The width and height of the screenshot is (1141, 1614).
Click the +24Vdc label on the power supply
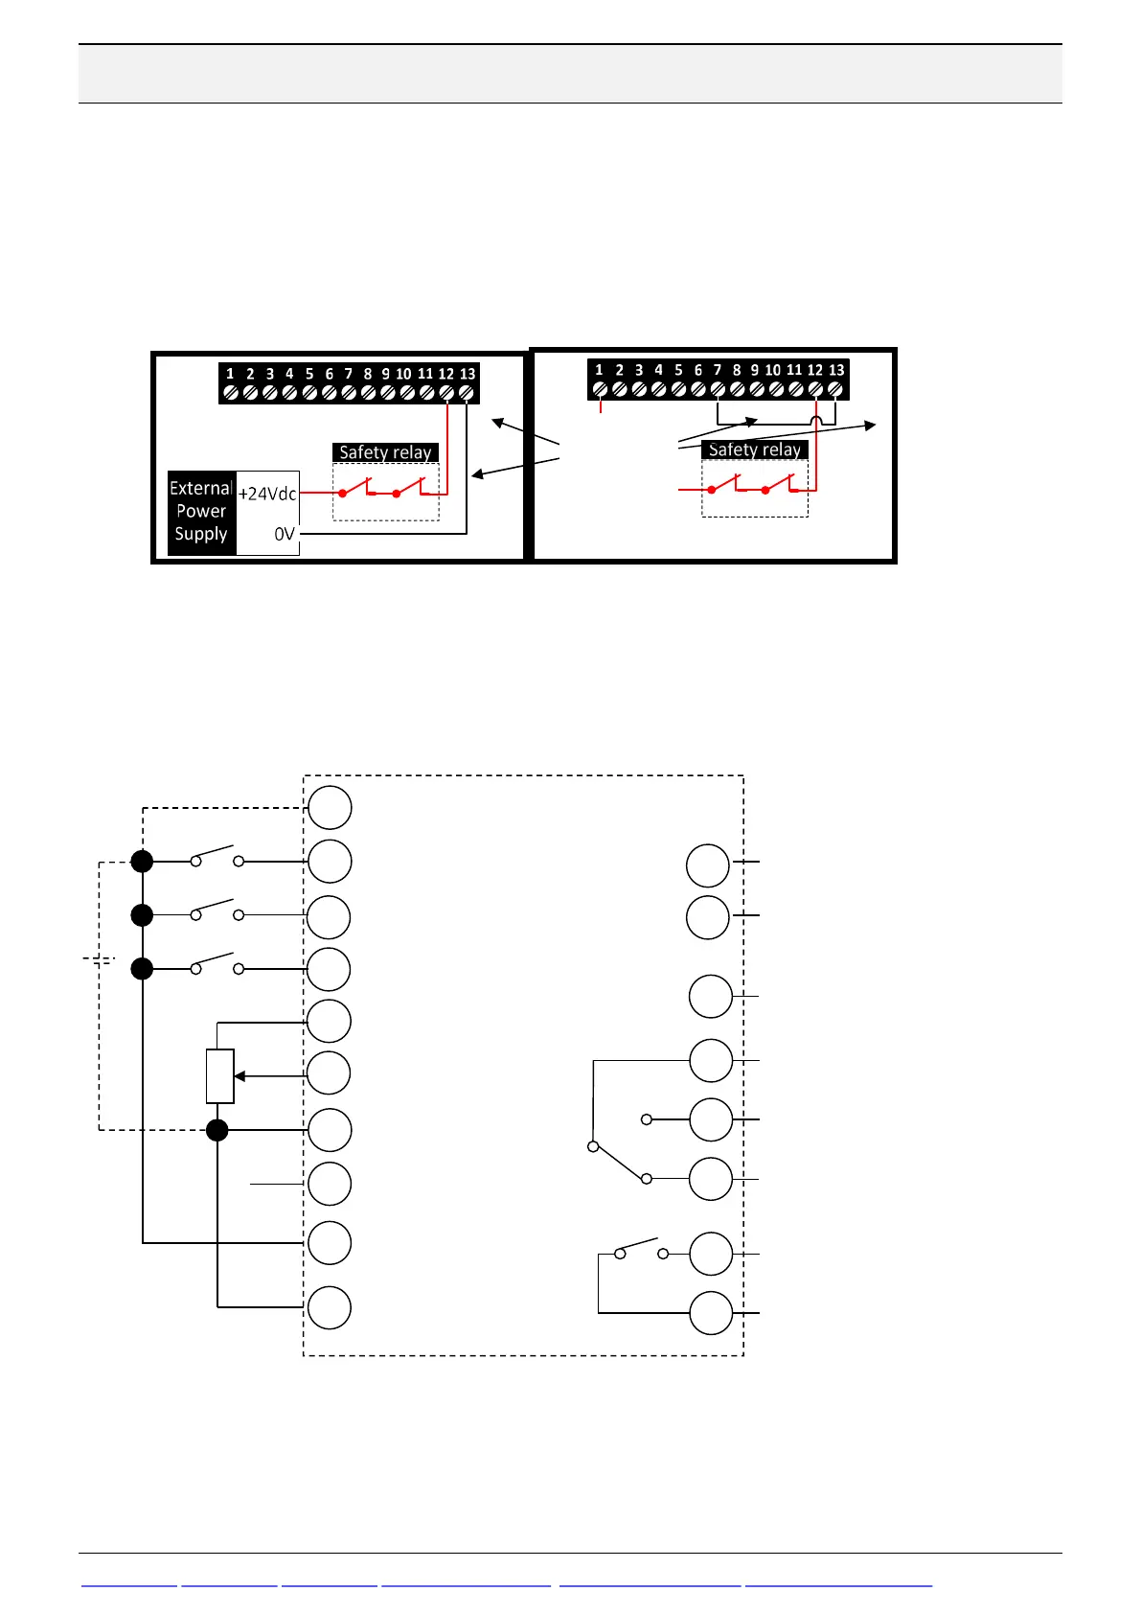tap(267, 494)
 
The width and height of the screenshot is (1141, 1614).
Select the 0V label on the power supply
tap(284, 534)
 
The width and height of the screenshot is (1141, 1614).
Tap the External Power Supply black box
tap(201, 512)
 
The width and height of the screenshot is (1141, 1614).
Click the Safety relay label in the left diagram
tap(385, 452)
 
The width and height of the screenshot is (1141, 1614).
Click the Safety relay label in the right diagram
tap(754, 450)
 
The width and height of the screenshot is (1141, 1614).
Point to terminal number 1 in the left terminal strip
tap(230, 374)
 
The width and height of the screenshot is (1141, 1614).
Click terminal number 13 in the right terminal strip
tap(836, 370)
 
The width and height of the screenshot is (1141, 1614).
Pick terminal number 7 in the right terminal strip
tap(717, 370)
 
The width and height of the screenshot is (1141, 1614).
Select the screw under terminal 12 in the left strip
tap(446, 392)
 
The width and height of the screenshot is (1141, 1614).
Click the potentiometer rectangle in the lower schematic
tap(220, 1076)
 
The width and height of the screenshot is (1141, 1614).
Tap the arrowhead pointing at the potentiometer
tap(240, 1076)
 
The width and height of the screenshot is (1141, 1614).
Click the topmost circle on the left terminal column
tap(330, 807)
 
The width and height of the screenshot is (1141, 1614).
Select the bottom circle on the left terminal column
tap(330, 1307)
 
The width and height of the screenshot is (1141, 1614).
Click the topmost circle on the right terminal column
tap(708, 865)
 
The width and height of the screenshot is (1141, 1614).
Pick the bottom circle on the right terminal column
tap(711, 1313)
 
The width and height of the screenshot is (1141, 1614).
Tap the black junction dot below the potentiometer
tap(217, 1130)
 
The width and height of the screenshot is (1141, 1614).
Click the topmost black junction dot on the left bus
tap(142, 862)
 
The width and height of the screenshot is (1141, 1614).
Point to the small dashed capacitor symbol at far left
tap(99, 959)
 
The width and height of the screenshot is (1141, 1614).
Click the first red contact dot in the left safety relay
tap(342, 494)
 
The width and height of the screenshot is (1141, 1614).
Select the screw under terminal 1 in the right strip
tap(600, 389)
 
